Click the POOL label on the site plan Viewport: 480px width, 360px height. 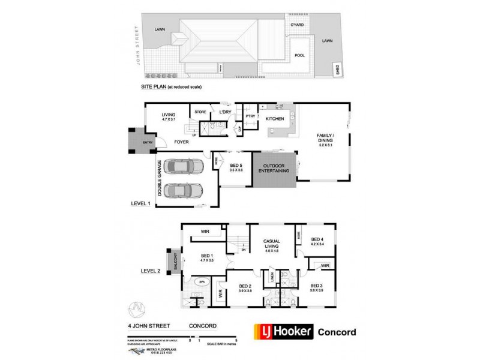point(299,55)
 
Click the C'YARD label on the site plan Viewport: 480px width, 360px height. point(296,25)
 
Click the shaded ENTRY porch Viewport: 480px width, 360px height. point(139,142)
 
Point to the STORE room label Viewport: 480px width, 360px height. point(199,111)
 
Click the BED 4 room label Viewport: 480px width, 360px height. point(317,239)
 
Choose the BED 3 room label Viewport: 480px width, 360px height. point(317,287)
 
